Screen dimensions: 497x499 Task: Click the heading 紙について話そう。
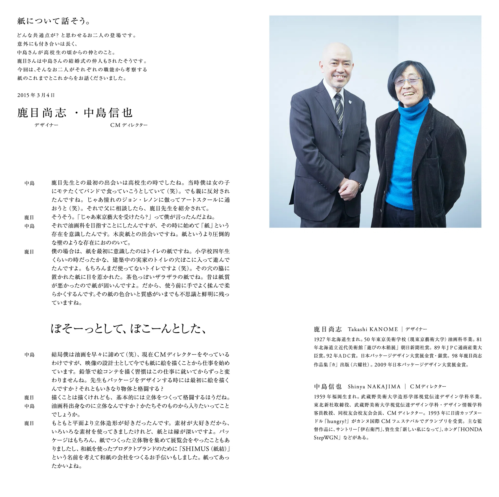[x=54, y=21]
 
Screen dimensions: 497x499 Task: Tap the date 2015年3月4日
[x=36, y=95]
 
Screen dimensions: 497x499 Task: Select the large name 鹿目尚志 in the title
[x=42, y=113]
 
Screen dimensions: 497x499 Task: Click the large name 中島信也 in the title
[x=108, y=113]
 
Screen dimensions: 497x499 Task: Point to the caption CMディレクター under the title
[x=129, y=125]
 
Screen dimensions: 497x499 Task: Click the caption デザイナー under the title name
[x=47, y=125]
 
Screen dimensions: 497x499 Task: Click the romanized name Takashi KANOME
[x=373, y=330]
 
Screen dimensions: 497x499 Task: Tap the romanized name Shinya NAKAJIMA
[x=374, y=387]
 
